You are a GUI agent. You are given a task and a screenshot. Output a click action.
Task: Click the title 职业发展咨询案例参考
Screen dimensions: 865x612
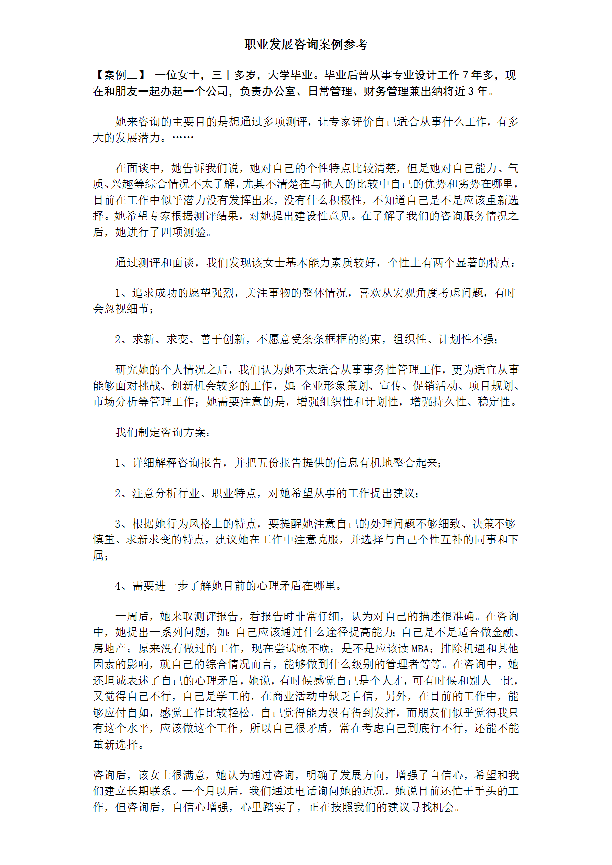click(x=306, y=45)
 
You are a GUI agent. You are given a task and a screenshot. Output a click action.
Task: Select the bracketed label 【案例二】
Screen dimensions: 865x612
click(x=120, y=75)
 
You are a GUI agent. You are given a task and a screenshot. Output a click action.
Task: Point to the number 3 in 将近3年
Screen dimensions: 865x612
click(x=471, y=92)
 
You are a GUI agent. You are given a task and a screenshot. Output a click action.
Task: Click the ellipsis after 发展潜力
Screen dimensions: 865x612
click(x=182, y=138)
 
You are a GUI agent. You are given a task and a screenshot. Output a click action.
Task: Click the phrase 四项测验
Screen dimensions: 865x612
click(x=183, y=232)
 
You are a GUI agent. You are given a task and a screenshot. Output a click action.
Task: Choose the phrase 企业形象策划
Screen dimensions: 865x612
click(x=335, y=386)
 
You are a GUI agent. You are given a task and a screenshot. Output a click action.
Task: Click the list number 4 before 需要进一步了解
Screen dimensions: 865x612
click(x=118, y=586)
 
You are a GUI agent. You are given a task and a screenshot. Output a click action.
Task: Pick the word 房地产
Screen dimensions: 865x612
click(x=109, y=649)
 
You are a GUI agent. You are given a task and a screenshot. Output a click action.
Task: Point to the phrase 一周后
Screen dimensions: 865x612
click(x=132, y=616)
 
